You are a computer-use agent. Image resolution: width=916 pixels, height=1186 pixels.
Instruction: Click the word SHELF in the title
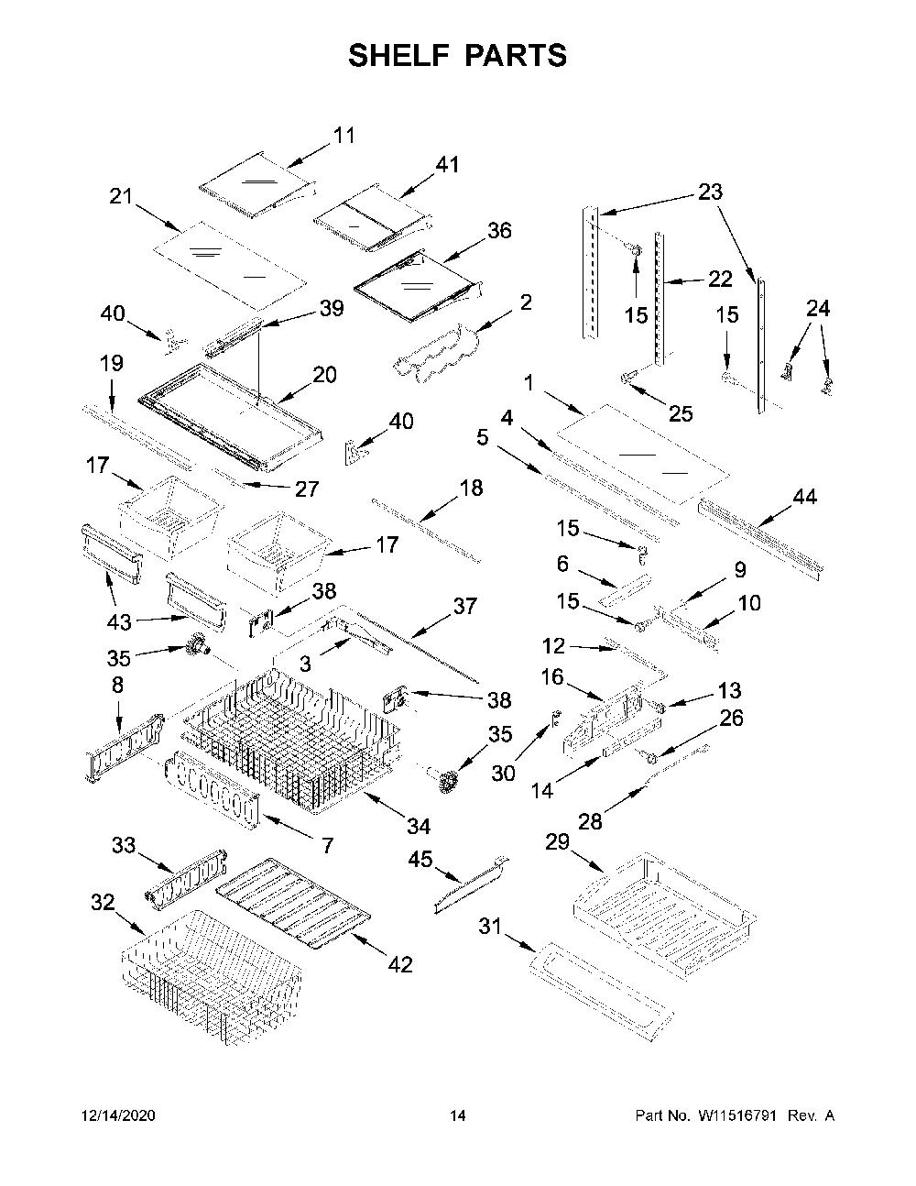399,56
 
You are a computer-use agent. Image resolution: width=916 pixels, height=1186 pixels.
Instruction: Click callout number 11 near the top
343,136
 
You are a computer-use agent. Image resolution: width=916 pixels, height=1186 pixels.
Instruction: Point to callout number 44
805,497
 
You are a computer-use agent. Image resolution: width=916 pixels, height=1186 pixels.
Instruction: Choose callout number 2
526,302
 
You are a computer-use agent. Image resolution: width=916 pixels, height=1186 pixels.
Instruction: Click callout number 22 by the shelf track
720,279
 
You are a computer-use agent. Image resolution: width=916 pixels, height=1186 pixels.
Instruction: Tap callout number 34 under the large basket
419,827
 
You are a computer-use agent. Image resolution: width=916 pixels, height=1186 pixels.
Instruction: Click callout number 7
327,845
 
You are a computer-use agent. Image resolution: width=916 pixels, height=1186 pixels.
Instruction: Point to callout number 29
558,841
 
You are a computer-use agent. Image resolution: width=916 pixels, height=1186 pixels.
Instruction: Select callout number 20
324,375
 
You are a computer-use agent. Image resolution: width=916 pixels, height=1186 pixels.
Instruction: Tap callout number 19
112,363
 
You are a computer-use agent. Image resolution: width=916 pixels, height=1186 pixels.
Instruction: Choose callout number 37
464,606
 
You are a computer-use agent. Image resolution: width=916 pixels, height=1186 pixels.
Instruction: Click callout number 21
121,196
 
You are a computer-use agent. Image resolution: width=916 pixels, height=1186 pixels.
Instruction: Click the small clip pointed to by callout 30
556,719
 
